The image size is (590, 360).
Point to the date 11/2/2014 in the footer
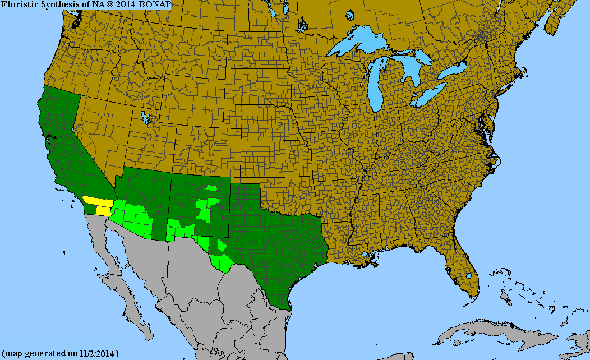[x=96, y=354]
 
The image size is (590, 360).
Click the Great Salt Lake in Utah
[x=146, y=118]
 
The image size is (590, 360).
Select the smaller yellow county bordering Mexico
[x=103, y=211]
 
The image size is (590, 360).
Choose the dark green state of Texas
[x=269, y=247]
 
